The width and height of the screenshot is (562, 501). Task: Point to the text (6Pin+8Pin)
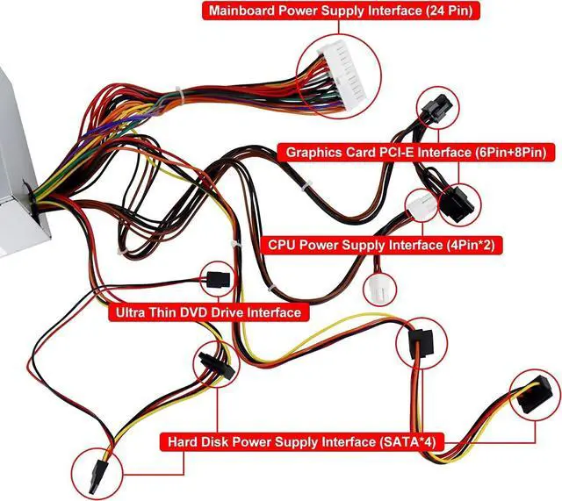coord(501,153)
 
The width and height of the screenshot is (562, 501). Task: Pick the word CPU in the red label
coord(282,246)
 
